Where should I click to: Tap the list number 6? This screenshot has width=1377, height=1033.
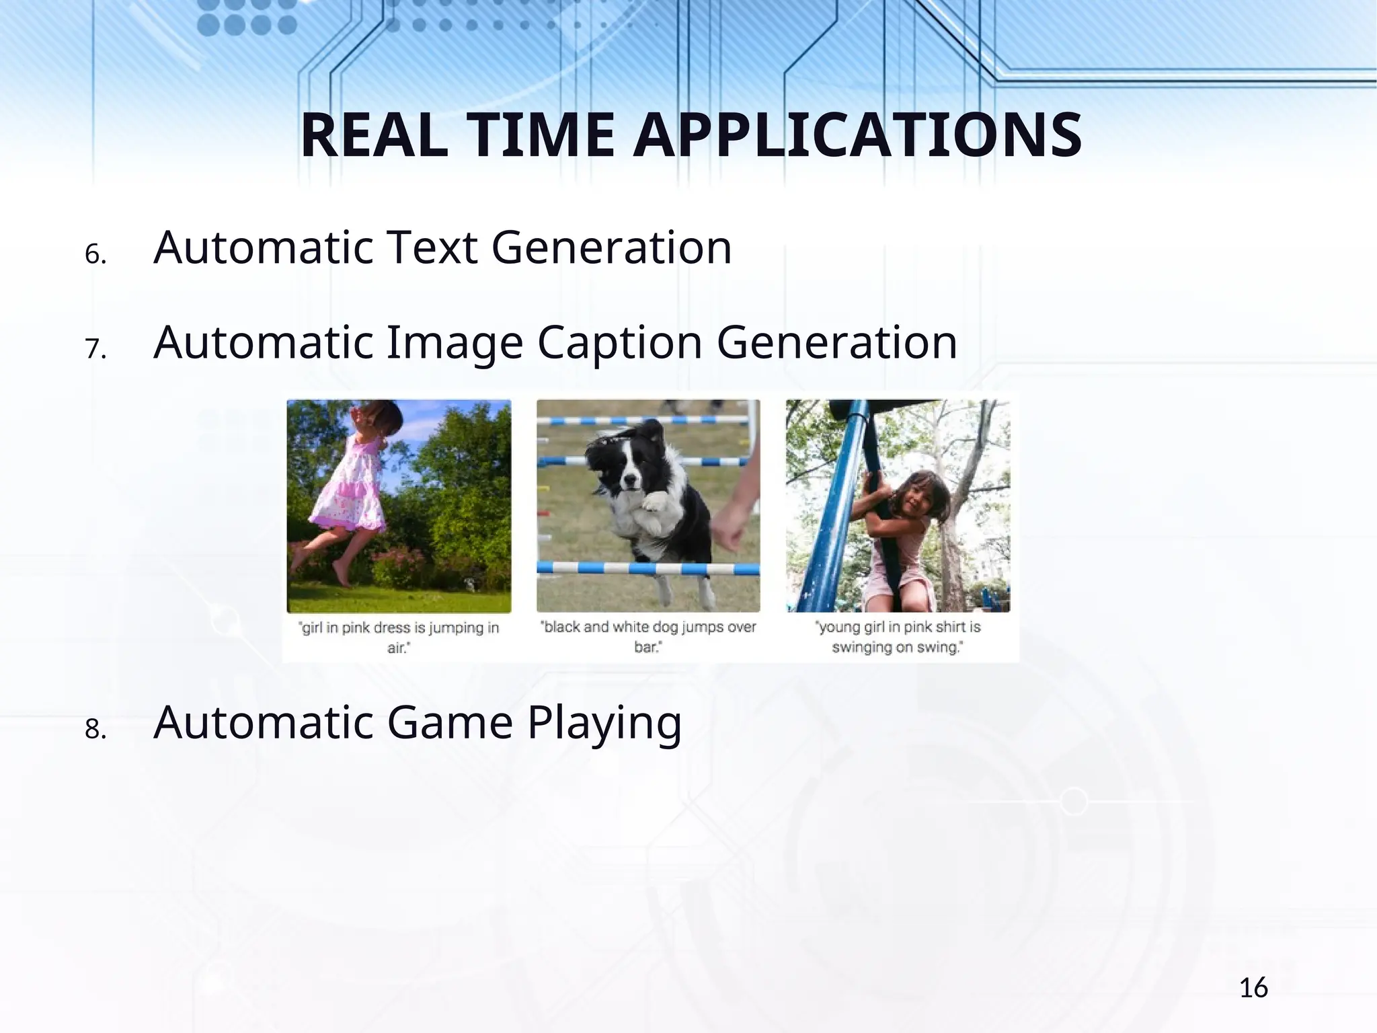pyautogui.click(x=95, y=254)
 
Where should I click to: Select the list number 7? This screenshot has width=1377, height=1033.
pyautogui.click(x=95, y=349)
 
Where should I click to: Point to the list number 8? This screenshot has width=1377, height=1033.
pyautogui.click(x=95, y=729)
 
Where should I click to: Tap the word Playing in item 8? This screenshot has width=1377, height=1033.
pyautogui.click(x=604, y=724)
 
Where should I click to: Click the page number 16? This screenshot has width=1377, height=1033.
pyautogui.click(x=1253, y=988)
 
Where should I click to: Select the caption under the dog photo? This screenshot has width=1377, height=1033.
pyautogui.click(x=648, y=636)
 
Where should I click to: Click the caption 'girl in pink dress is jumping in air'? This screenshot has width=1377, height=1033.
pyautogui.click(x=399, y=637)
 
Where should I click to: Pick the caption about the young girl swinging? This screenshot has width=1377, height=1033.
pyautogui.click(x=898, y=637)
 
